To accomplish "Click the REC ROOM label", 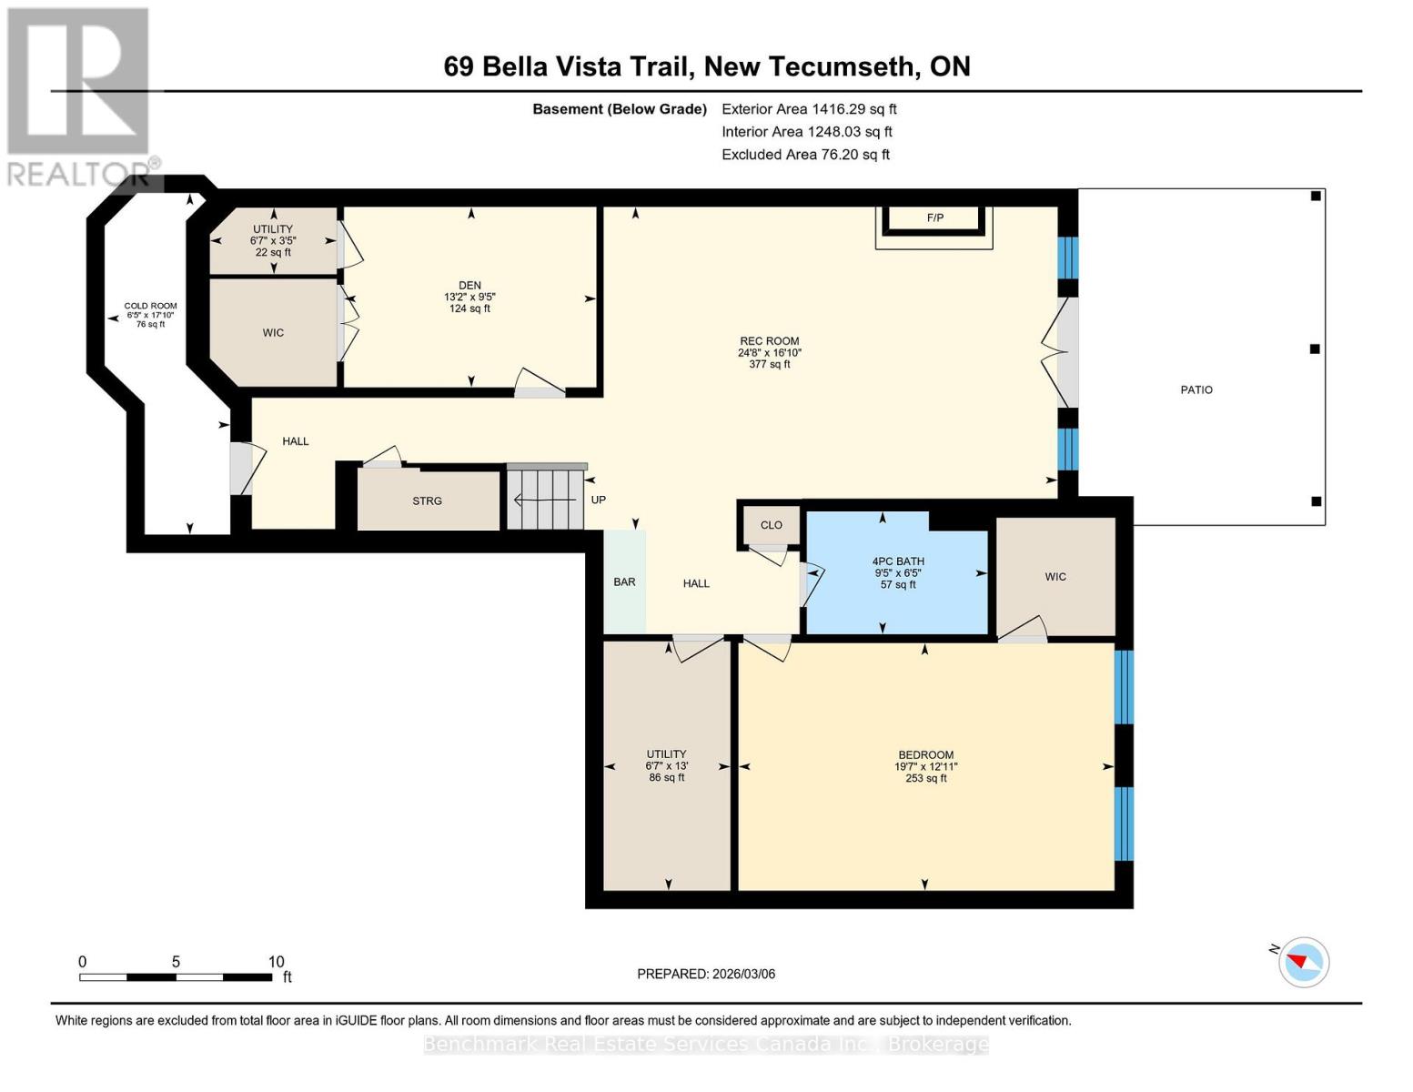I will [769, 341].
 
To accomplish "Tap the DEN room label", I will [469, 286].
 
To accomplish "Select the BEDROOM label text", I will [925, 755].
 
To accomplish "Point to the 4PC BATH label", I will [898, 561].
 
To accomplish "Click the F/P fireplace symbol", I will [934, 218].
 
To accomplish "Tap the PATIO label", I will [1196, 389].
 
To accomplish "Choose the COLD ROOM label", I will [151, 307].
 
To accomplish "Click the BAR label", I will [624, 582].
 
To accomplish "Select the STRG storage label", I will [427, 501].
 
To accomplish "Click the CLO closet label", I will [771, 525].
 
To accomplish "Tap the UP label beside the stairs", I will [598, 500].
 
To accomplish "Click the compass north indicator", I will [1303, 962].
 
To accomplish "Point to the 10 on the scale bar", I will [277, 962].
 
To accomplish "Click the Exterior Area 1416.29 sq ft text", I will [809, 109].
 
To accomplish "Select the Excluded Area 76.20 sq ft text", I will [805, 155].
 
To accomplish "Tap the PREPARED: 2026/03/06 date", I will [706, 974].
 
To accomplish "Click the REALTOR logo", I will [80, 96].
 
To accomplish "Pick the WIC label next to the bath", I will [1055, 577].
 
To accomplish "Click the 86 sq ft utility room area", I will [666, 778].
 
